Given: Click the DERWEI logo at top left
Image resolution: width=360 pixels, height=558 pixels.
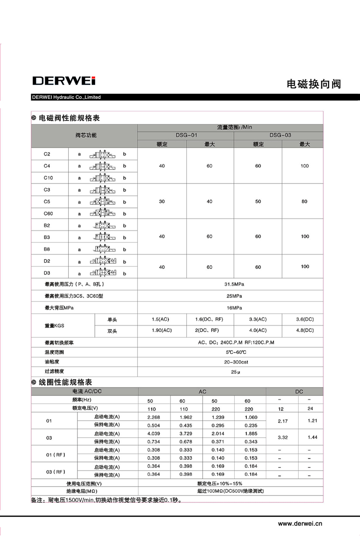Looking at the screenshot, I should (64, 81).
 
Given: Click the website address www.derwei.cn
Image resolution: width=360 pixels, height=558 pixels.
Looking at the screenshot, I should (300, 524).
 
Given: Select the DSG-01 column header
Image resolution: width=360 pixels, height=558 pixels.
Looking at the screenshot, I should (185, 135).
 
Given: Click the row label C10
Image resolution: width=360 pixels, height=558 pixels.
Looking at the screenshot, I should (48, 178).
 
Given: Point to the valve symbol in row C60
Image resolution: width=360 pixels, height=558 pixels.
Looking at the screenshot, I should (102, 213).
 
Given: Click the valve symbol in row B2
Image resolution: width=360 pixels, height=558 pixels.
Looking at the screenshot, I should (102, 225).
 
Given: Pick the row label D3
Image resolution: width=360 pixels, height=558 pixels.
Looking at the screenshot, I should (47, 273).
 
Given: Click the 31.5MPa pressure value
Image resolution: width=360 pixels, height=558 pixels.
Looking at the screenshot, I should (230, 284).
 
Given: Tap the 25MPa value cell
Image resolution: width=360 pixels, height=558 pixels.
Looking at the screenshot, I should (230, 296).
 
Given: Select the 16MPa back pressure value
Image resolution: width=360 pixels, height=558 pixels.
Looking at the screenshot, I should (230, 308).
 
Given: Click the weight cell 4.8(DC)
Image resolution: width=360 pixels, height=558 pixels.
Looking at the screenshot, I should (304, 330).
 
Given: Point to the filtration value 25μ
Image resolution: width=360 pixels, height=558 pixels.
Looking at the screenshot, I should (230, 371).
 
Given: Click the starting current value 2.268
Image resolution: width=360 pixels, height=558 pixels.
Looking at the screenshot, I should (154, 417).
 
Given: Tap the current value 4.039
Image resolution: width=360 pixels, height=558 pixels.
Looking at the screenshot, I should (154, 434).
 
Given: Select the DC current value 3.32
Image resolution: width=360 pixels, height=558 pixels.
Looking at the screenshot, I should (283, 437).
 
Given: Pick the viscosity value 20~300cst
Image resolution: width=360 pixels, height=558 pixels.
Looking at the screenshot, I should (230, 362).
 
